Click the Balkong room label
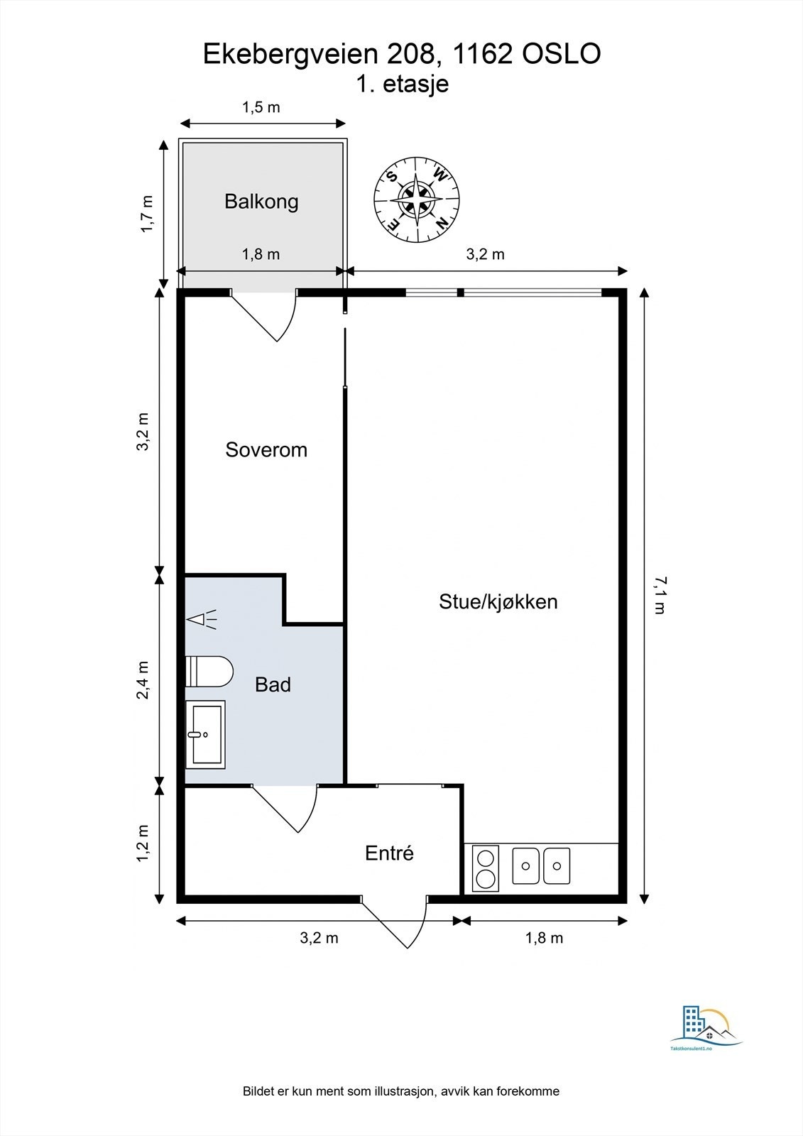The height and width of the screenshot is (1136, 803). (261, 201)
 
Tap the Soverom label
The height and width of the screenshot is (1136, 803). (266, 449)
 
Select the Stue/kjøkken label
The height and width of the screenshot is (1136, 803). (498, 601)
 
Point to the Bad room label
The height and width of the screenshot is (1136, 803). (273, 684)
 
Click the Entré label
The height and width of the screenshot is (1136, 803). (389, 853)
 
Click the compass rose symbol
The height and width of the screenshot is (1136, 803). (416, 199)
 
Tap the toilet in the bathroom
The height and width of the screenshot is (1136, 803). (209, 671)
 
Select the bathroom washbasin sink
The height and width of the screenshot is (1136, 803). (205, 734)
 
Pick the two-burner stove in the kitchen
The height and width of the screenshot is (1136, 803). (486, 868)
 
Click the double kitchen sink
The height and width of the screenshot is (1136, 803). (541, 866)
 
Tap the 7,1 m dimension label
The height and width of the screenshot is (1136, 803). (659, 595)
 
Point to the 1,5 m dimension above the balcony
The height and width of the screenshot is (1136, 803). (261, 107)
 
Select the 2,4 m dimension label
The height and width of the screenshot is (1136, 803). (144, 680)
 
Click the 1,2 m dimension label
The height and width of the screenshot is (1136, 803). (144, 843)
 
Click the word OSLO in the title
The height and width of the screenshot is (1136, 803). (562, 54)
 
